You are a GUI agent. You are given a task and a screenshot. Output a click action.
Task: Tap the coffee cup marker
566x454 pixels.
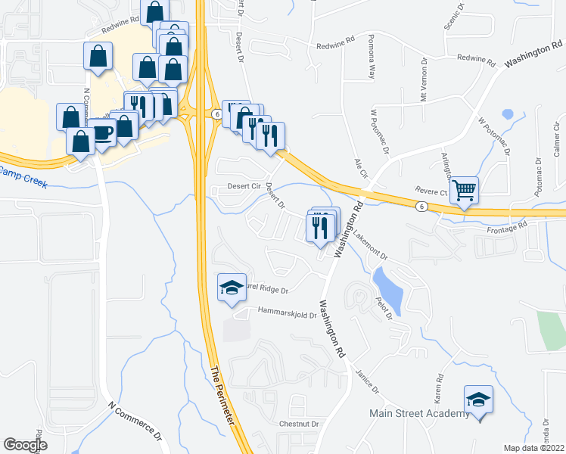pos(103,134)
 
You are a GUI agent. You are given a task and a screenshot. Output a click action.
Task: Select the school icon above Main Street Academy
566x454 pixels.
pos(478,399)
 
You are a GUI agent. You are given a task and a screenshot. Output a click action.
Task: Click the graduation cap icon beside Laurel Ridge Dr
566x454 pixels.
pos(232,288)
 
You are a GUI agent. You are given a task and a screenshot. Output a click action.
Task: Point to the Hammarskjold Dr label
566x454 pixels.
pos(286,312)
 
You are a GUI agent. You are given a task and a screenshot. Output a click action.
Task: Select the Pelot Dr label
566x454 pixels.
pos(384,309)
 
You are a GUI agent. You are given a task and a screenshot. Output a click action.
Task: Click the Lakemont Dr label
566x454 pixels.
pos(370,244)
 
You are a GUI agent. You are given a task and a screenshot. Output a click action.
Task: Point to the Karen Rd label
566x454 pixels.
pos(438,387)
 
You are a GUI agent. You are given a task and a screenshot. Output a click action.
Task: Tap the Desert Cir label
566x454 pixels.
pos(244,187)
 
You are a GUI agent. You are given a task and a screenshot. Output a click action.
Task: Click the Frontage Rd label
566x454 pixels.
pos(507,228)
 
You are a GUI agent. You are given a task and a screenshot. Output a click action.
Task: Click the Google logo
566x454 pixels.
pos(25,445)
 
